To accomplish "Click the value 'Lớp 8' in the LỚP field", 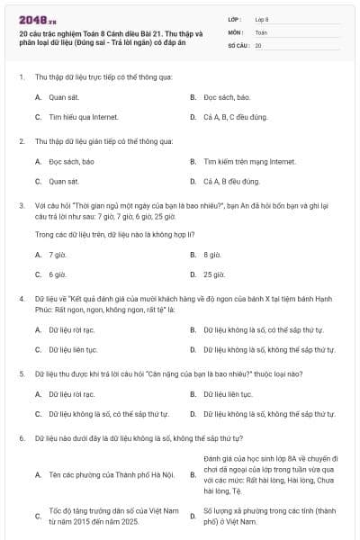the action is click(262, 19).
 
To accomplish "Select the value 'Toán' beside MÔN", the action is click(261, 31).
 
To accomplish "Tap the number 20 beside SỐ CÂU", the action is click(258, 44).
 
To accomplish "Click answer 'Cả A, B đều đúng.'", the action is click(231, 183).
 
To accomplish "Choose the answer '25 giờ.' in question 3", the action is click(214, 274).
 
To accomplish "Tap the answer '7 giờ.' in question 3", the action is click(58, 255).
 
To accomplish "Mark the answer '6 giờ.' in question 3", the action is click(58, 274).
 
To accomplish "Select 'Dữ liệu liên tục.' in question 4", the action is click(73, 349).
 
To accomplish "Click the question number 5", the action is click(21, 373).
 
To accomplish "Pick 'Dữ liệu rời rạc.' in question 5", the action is click(71, 394).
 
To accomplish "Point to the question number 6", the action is click(21, 437).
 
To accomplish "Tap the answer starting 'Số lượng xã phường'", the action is click(256, 515).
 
